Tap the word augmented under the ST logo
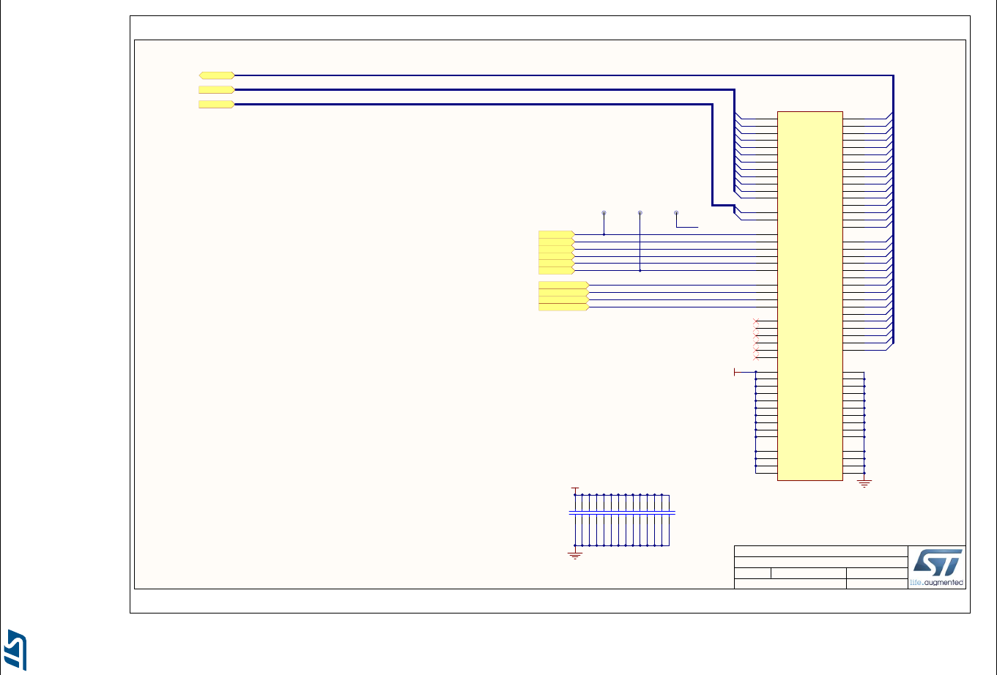click(x=944, y=583)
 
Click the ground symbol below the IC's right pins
click(x=864, y=483)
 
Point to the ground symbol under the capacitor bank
click(x=575, y=556)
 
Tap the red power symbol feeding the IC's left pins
click(x=735, y=372)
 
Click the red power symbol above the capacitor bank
click(x=575, y=488)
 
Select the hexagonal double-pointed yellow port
click(x=217, y=75)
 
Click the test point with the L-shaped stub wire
click(x=676, y=213)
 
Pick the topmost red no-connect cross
click(x=756, y=321)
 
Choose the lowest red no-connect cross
click(x=756, y=358)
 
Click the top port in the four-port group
click(x=563, y=285)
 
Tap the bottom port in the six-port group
click(x=556, y=270)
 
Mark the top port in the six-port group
click(x=556, y=234)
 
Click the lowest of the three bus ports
click(x=216, y=105)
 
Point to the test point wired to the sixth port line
click(x=640, y=213)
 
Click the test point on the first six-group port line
click(x=604, y=213)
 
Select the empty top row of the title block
click(x=820, y=551)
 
